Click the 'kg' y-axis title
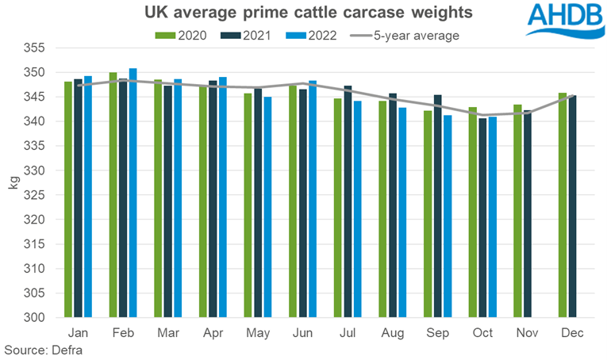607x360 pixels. (x=13, y=183)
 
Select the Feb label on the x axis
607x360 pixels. (x=122, y=334)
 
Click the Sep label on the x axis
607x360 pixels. (x=436, y=334)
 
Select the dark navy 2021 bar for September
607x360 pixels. (x=436, y=206)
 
